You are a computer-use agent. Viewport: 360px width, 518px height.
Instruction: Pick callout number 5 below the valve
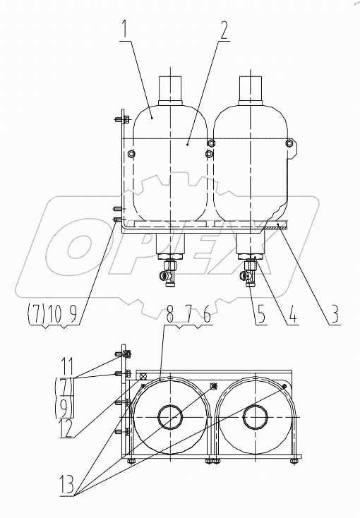point(261,311)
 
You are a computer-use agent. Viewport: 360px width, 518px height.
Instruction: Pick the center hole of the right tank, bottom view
point(254,418)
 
